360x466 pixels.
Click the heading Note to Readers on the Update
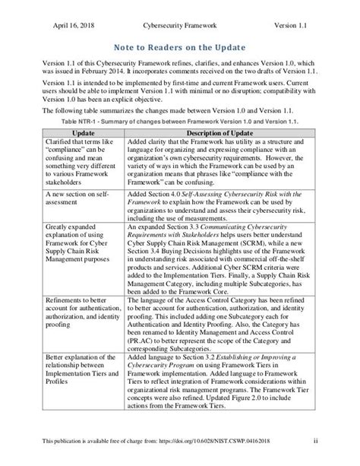coord(179,46)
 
